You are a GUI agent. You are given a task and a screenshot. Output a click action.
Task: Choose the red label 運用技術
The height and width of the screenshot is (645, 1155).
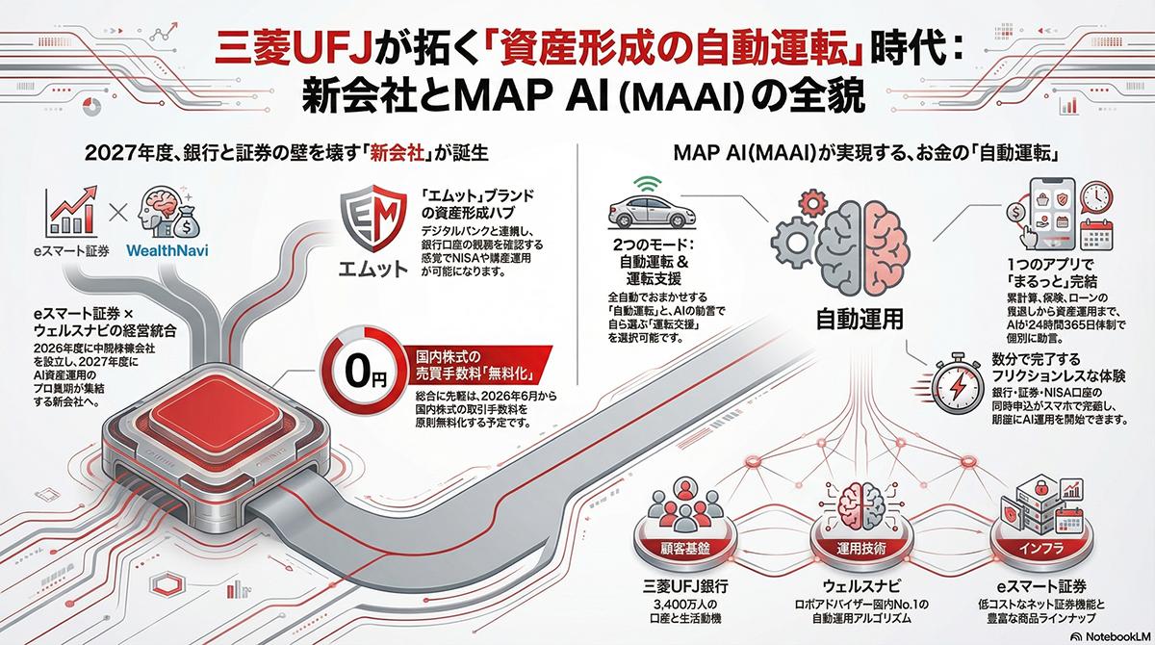pyautogui.click(x=862, y=547)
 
